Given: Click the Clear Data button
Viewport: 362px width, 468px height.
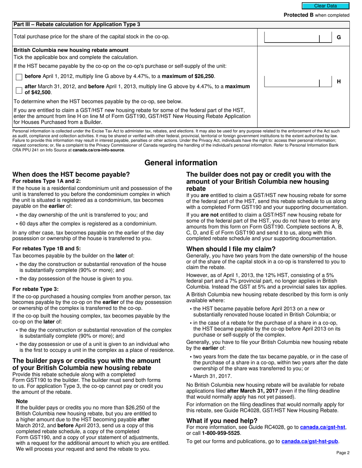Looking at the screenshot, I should coord(325,6).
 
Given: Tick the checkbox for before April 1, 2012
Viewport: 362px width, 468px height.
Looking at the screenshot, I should coord(19,77).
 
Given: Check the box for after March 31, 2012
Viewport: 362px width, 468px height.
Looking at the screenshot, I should coord(19,90).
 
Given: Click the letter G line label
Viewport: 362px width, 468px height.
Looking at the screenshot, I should coord(338,37).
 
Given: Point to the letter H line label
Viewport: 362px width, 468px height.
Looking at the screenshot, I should coord(338,81).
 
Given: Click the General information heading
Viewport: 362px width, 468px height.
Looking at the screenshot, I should coord(181,163).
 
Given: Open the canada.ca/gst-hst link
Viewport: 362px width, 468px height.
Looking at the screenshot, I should coord(323,428).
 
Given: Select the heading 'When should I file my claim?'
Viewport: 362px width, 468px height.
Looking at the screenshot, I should coord(231,249).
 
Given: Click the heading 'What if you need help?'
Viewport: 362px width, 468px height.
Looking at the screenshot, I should coord(222,420).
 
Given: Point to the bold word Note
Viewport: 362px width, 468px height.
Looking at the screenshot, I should coord(22,401).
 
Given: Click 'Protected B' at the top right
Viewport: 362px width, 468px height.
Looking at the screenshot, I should coord(299,15).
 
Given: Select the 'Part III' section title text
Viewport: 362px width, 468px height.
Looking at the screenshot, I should coord(77,24).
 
